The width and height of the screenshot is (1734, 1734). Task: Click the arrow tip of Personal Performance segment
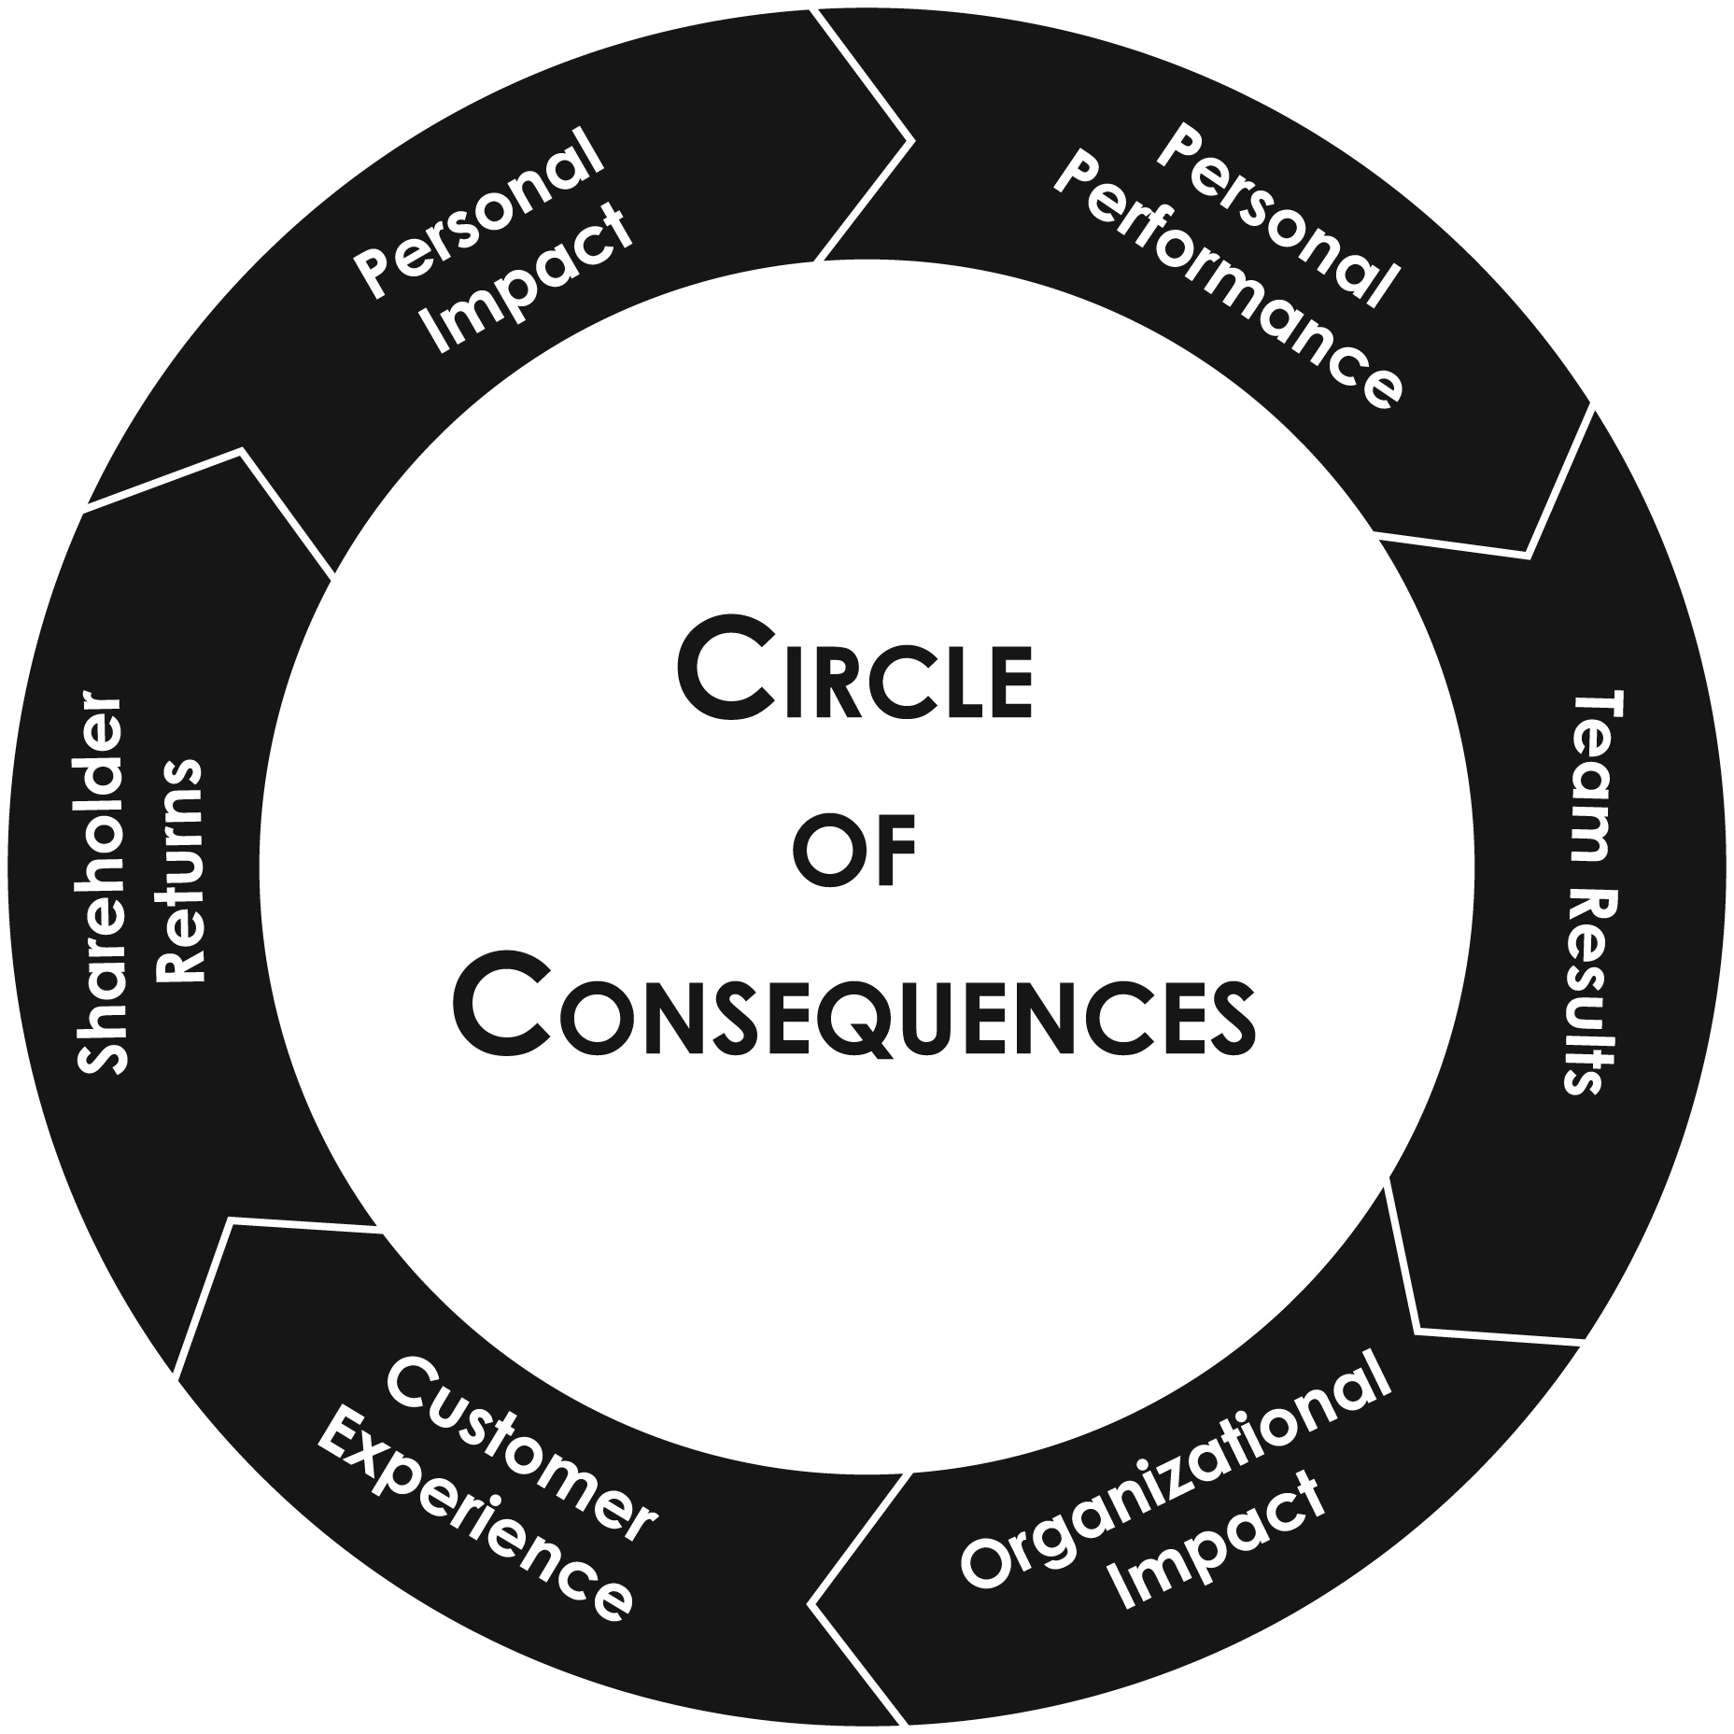tap(1528, 557)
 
